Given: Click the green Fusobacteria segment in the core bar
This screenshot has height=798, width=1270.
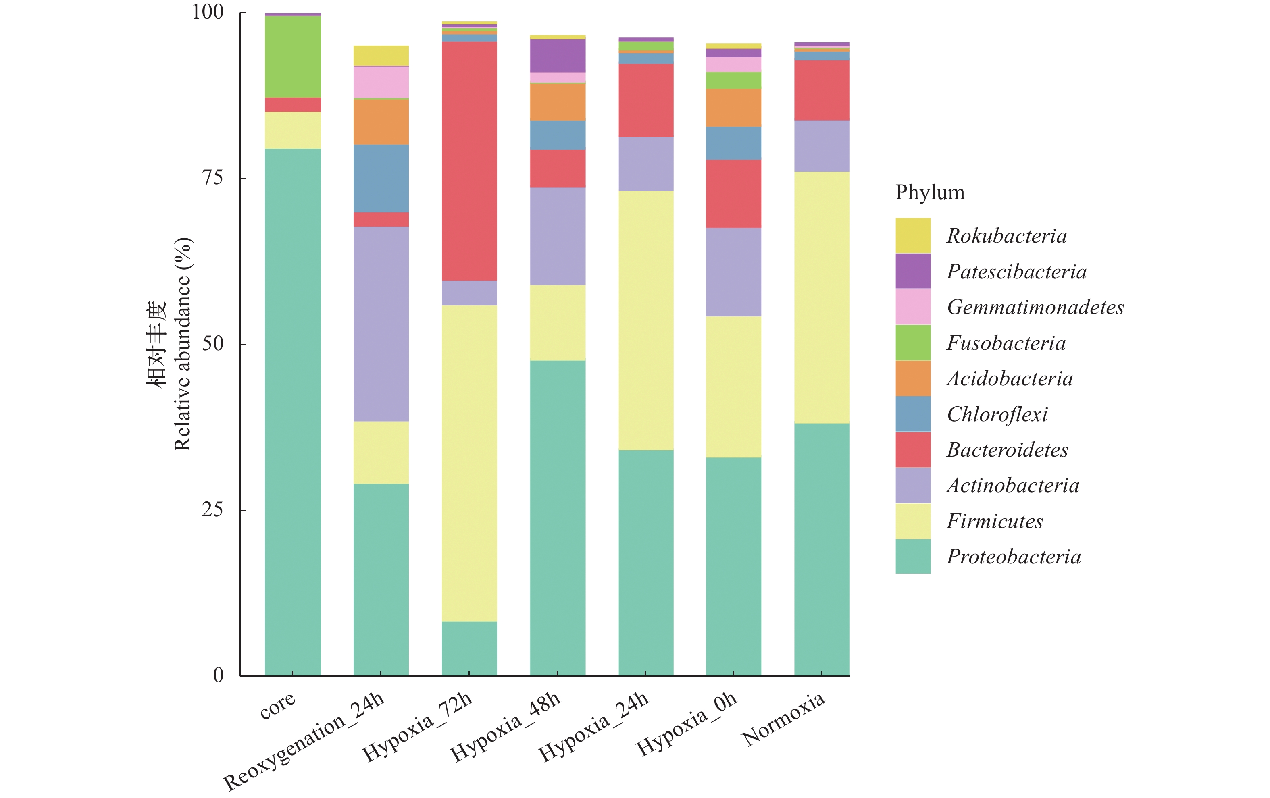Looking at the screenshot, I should pos(293,56).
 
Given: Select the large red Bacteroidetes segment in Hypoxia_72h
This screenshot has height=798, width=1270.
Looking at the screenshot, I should pos(469,160).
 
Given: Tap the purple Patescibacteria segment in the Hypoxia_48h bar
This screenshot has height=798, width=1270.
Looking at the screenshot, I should pos(558,55).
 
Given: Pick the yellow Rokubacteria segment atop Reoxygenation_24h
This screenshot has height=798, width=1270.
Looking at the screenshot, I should pos(381,55).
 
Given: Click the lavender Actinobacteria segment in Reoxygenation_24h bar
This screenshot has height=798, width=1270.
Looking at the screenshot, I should pos(381,323).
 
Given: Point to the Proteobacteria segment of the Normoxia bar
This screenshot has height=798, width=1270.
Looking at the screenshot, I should pos(822,549).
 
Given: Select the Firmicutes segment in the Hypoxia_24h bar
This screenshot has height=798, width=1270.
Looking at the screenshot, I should pos(645,320).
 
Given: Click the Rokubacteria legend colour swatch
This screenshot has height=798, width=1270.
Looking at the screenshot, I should pos(912,236).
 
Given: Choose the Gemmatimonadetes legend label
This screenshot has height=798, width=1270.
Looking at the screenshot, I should pos(1035,307).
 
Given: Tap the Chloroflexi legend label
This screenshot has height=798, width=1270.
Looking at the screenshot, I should pos(997,414).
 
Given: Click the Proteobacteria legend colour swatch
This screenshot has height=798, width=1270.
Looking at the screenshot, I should pos(912,557).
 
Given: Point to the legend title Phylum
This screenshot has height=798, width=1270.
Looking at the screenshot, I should pos(930,192).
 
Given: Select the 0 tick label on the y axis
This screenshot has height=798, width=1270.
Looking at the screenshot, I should pos(219,675).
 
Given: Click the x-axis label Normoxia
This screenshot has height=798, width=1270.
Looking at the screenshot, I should pos(783,719).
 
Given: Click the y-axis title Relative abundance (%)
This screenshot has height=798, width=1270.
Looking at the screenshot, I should pos(182,344).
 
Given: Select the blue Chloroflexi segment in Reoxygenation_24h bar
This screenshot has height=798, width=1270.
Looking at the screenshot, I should pos(381,178).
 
